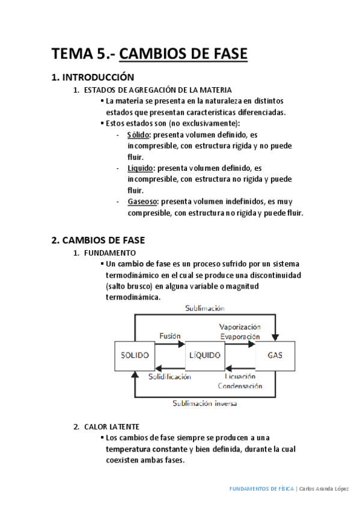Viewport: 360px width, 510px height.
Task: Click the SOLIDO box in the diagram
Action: point(135,355)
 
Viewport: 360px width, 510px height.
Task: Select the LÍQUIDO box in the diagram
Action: point(204,355)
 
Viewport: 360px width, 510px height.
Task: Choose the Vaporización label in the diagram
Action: point(240,327)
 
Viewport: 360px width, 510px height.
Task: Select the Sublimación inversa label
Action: point(204,404)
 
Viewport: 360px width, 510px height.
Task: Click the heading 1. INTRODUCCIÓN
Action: point(93,77)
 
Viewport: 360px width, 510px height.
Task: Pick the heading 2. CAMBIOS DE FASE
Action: point(98,240)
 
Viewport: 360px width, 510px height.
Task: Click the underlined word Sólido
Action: point(138,135)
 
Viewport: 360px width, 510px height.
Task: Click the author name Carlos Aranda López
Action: point(325,489)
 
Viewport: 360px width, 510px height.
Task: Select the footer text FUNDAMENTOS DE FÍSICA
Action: point(262,489)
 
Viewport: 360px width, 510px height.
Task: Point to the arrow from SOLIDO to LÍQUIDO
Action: point(171,345)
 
